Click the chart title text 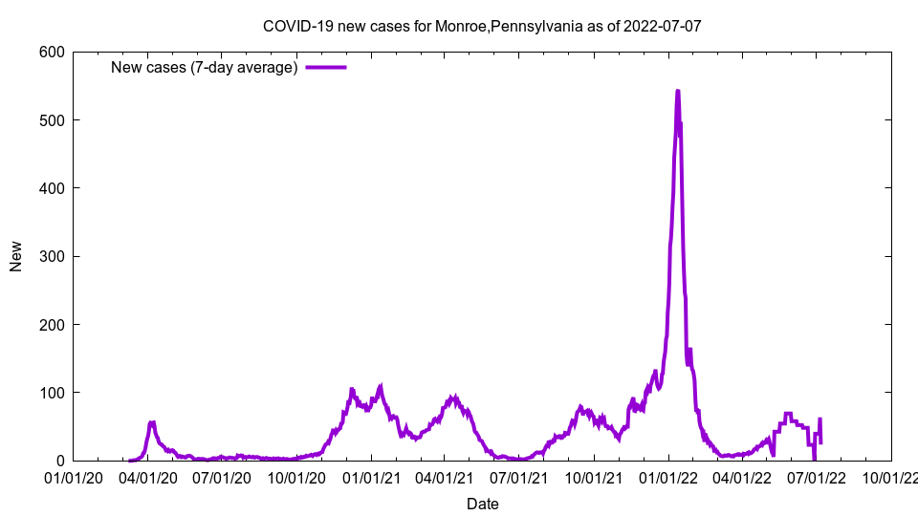[x=482, y=26]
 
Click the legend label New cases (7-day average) [x=204, y=67]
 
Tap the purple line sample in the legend [x=326, y=67]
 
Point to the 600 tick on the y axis [x=53, y=53]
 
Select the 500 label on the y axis [x=53, y=120]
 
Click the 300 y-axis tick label [x=53, y=257]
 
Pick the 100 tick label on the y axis [x=53, y=393]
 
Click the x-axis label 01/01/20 [x=75, y=478]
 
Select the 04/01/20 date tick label [x=148, y=478]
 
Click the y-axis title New [x=16, y=256]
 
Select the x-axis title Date [x=482, y=504]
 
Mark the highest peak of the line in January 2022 [x=677, y=92]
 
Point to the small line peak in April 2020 [x=152, y=421]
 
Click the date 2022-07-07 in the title [x=662, y=26]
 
